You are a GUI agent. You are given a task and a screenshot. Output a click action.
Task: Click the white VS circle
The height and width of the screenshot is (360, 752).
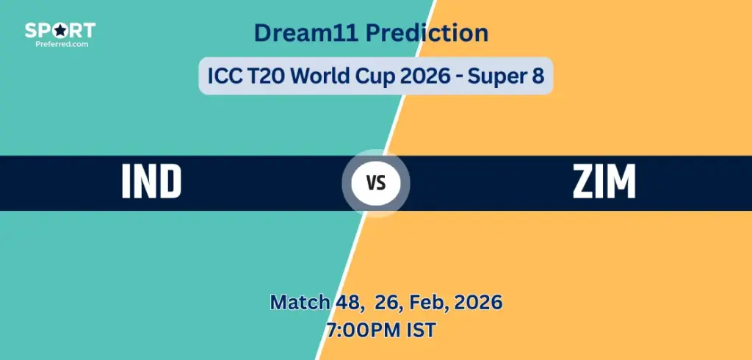(x=376, y=183)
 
